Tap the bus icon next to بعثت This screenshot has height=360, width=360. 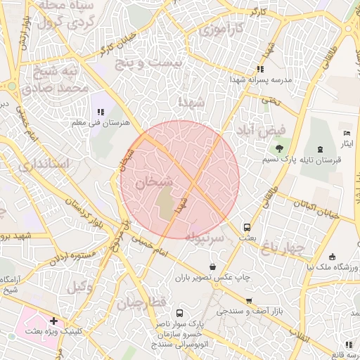pos(247,227)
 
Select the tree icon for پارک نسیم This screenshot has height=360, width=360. pos(279,148)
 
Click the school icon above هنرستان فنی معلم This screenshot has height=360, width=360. pos(101,111)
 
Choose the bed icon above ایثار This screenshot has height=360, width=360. pos(346,134)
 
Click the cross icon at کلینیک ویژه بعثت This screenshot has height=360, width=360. pos(53,321)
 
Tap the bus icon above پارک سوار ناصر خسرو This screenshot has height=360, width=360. pos(179,313)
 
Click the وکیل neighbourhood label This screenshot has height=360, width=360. pos(82,286)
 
